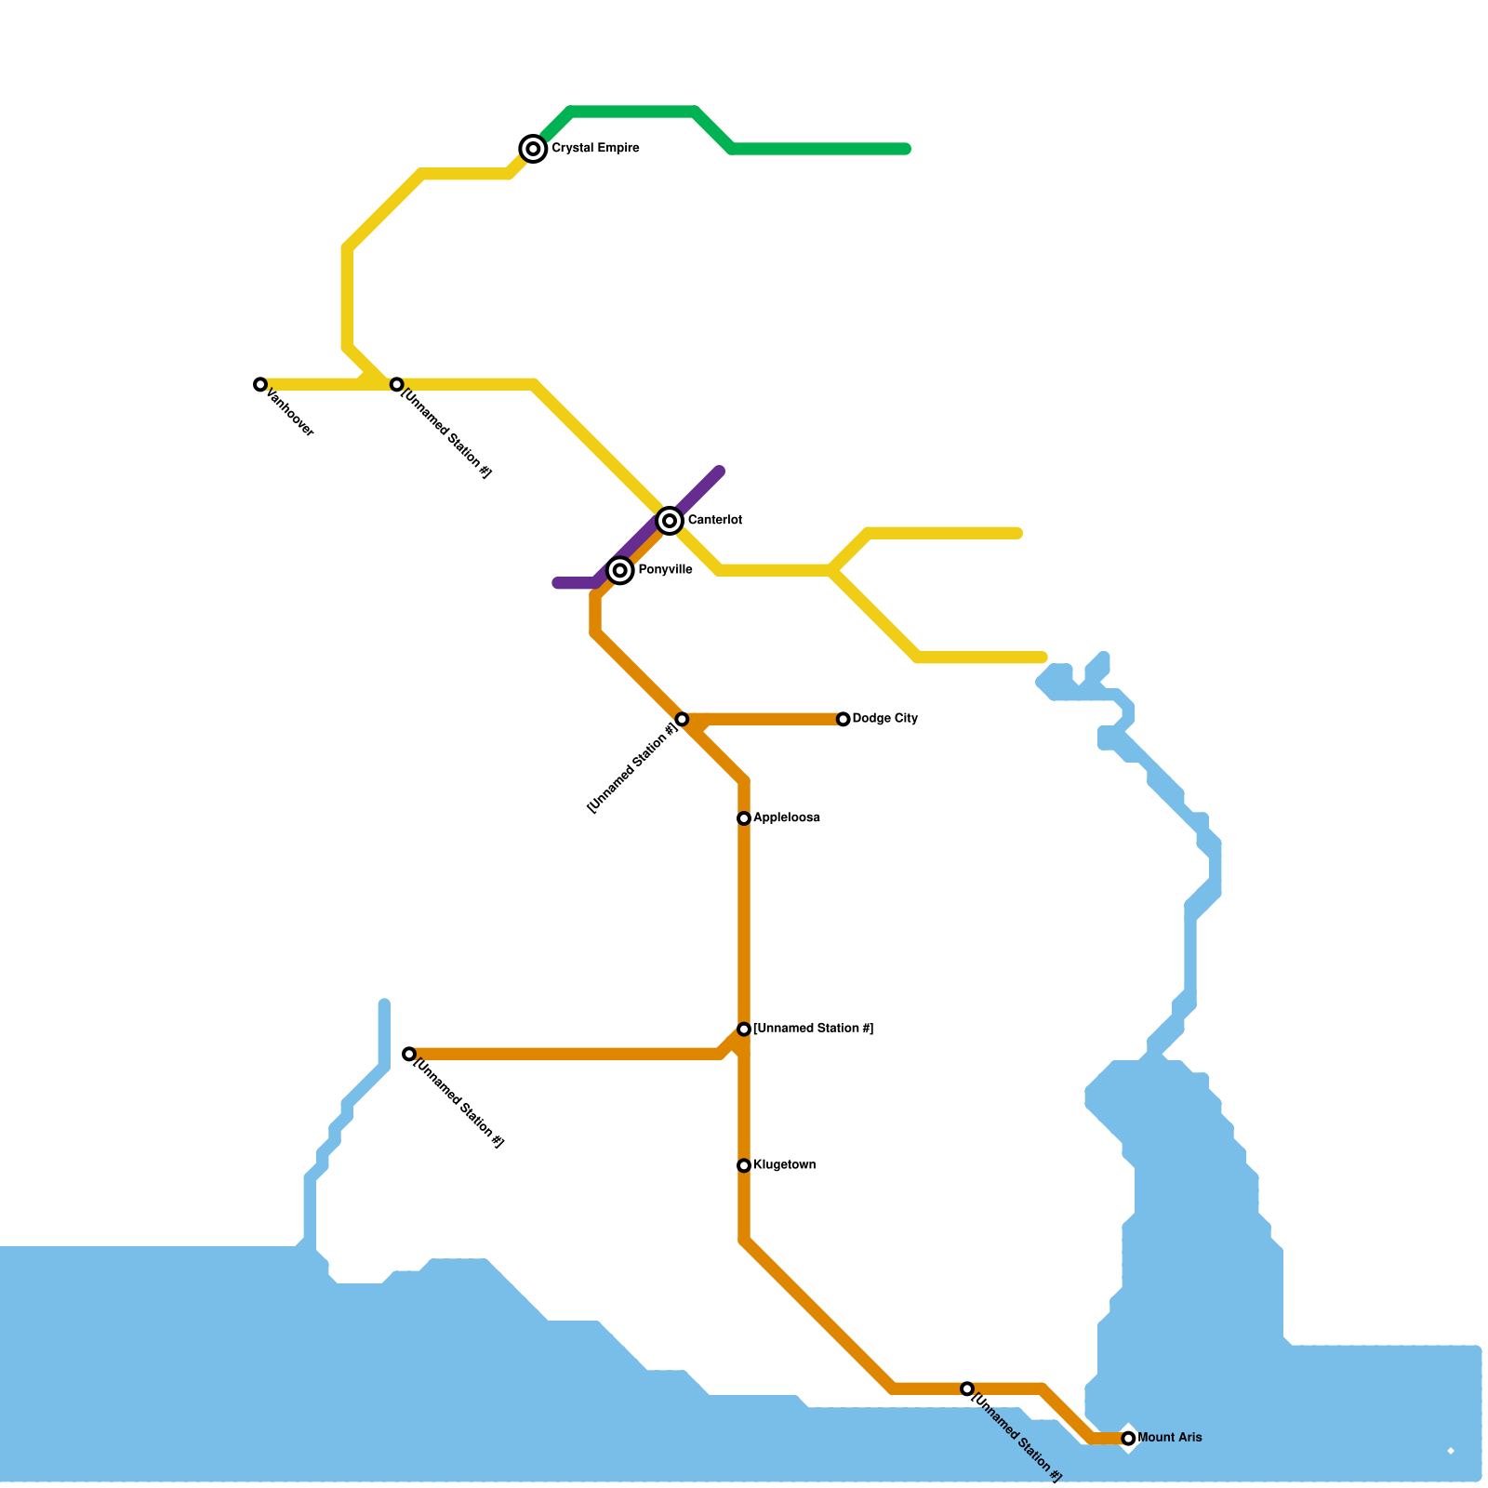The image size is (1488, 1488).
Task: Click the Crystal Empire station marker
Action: click(533, 149)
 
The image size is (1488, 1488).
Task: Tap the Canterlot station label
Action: click(714, 521)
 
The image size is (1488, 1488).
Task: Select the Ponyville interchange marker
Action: click(620, 570)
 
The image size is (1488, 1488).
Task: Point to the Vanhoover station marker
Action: click(260, 384)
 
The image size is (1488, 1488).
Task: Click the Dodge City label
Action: click(884, 719)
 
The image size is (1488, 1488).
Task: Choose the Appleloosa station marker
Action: click(744, 818)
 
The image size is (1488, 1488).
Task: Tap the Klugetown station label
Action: click(784, 1165)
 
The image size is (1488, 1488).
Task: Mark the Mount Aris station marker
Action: click(1128, 1439)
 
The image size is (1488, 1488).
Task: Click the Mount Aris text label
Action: click(1169, 1438)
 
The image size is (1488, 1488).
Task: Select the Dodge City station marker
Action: click(843, 719)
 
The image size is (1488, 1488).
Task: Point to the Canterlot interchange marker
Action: click(670, 521)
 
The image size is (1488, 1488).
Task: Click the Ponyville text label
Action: click(665, 570)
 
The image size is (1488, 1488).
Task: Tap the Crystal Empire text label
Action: click(595, 149)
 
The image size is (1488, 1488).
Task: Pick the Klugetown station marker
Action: click(744, 1165)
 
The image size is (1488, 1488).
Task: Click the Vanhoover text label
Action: click(290, 413)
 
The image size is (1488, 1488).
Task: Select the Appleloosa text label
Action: click(786, 818)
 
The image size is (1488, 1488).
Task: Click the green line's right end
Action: click(906, 149)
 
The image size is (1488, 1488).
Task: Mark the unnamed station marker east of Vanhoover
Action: click(397, 384)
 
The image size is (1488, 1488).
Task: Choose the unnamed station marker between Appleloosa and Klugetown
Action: click(744, 1030)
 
